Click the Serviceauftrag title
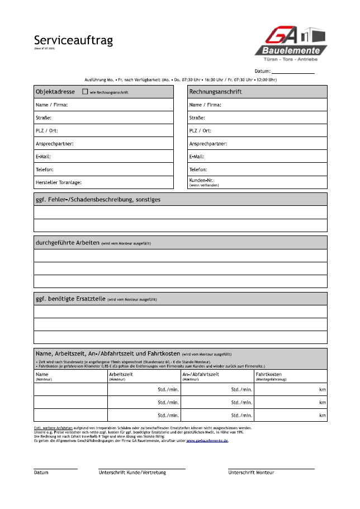click(73, 40)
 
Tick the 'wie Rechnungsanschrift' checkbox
click(85, 91)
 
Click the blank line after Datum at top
click(293, 72)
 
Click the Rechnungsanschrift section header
click(215, 91)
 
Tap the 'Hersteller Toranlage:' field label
click(59, 182)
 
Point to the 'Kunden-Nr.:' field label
click(202, 181)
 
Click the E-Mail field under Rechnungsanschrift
click(257, 157)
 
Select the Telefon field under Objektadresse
click(103, 169)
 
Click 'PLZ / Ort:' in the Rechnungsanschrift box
click(200, 131)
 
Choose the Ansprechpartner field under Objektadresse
click(103, 144)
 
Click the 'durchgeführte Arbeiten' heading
click(67, 243)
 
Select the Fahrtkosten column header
click(268, 374)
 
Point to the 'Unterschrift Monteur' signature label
click(251, 473)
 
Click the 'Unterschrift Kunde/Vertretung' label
click(132, 473)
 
